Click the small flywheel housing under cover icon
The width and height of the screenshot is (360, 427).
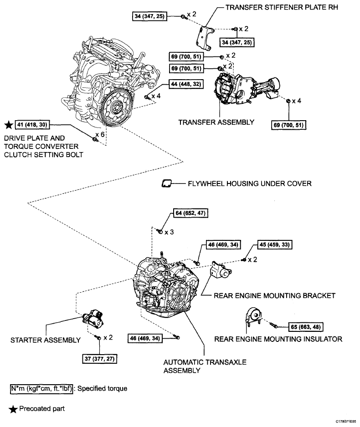tap(166, 184)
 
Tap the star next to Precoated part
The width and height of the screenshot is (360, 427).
tap(13, 409)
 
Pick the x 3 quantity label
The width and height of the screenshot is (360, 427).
tap(169, 232)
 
